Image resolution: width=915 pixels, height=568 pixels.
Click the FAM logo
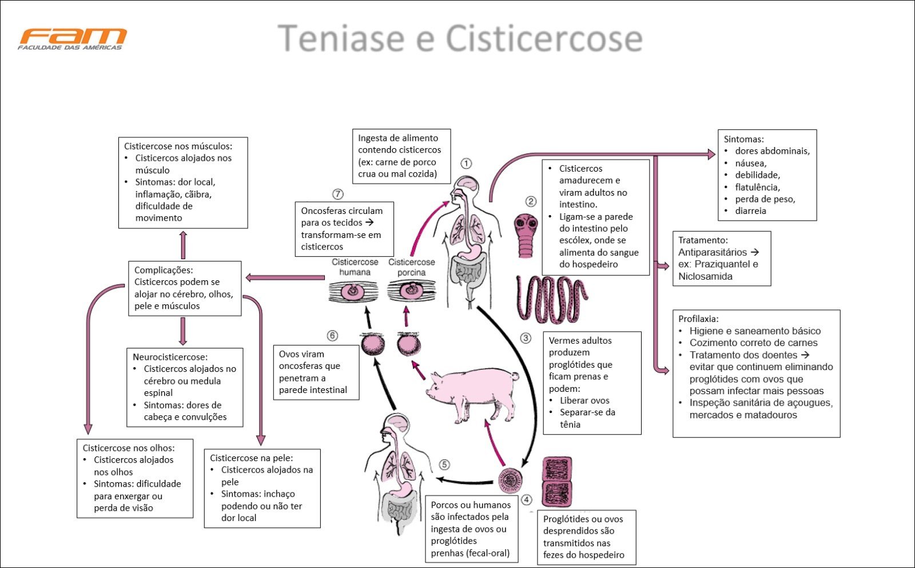coord(72,38)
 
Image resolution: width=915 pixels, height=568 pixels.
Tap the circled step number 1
coord(466,164)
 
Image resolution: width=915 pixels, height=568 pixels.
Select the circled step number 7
coord(338,194)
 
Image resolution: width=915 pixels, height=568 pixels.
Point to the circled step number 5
coord(444,465)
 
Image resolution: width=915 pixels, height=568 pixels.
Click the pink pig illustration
coord(472,392)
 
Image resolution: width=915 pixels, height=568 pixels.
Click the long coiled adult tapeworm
coord(552,298)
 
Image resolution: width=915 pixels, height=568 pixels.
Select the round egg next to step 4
coord(509,480)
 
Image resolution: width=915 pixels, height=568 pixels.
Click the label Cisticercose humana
coord(355,267)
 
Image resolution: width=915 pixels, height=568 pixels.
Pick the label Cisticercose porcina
coord(411,267)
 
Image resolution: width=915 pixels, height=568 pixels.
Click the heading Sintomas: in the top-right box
coord(743,139)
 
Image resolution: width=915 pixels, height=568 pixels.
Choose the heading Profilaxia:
coord(698,319)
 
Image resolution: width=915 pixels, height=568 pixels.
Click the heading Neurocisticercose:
coord(170,357)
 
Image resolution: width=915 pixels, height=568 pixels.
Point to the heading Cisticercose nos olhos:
coord(129,448)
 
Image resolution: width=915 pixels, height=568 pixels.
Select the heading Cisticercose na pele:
coord(251,458)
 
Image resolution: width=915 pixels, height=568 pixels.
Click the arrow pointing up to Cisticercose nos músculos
coord(183,245)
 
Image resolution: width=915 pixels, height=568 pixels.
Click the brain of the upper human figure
coord(467,185)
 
